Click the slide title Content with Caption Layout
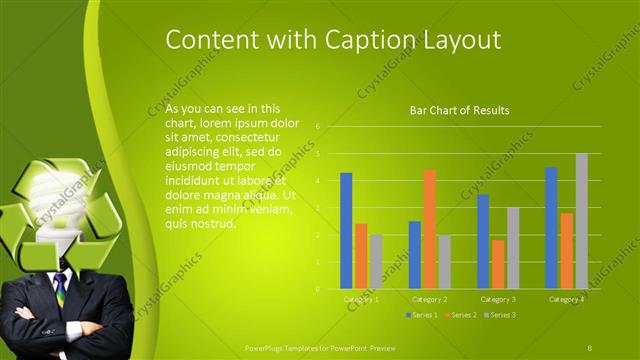click(x=333, y=39)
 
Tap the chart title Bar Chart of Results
click(x=459, y=110)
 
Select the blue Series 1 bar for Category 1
click(x=346, y=230)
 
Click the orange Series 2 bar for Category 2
click(x=430, y=229)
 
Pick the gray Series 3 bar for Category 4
click(x=581, y=221)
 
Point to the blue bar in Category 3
click(x=483, y=241)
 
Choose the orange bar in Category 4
click(x=566, y=250)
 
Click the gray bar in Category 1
click(x=376, y=261)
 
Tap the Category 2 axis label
click(x=430, y=299)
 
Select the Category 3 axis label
click(x=498, y=299)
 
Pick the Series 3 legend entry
click(x=501, y=315)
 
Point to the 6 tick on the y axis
click(x=317, y=127)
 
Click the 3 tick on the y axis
click(x=317, y=208)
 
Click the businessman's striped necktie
click(x=60, y=288)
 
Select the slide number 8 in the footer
click(x=591, y=347)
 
